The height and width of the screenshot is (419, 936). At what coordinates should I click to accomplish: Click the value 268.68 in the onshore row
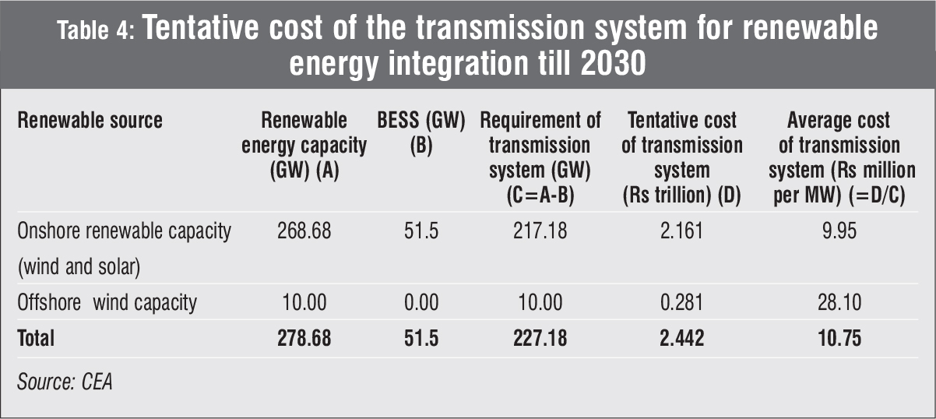click(304, 233)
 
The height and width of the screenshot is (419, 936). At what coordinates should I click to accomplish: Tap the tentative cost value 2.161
click(683, 233)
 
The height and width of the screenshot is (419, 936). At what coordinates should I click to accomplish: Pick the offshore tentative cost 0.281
click(683, 302)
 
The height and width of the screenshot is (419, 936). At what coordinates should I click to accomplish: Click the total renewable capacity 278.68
click(304, 339)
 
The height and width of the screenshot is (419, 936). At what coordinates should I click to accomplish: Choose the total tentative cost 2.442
click(683, 339)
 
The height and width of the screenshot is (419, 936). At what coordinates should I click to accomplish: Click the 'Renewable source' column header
click(90, 121)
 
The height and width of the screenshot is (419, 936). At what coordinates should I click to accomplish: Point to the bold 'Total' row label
click(36, 339)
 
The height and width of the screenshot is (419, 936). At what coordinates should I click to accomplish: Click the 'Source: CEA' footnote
click(65, 383)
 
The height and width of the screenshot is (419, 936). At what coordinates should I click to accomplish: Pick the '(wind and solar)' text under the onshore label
click(79, 269)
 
